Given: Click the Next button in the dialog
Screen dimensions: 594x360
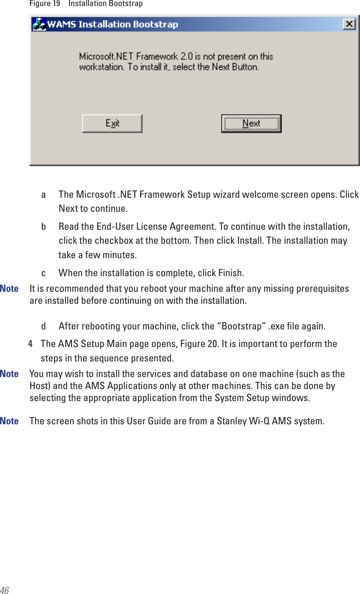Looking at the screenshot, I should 251,124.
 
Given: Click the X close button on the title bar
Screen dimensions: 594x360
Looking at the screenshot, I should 349,24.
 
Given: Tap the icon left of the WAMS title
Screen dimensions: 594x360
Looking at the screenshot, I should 39,24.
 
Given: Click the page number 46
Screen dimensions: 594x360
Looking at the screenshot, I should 4,590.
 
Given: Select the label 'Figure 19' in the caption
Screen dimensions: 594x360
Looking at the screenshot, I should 44,4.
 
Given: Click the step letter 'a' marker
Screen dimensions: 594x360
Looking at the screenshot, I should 43,195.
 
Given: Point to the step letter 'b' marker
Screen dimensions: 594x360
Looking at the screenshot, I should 43,227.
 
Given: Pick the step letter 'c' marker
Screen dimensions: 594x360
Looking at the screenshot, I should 43,273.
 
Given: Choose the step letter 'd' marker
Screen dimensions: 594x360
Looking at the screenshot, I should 43,326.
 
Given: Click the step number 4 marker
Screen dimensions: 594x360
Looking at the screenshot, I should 30,344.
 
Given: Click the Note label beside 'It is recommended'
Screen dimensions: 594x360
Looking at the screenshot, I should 9,289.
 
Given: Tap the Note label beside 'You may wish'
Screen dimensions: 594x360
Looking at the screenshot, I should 9,374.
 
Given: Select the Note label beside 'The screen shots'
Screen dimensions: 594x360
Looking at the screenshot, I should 9,421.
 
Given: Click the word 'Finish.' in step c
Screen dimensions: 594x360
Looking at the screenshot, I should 231,273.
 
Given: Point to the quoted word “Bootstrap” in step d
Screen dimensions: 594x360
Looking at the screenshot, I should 241,326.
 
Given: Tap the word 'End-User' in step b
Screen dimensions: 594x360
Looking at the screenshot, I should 115,227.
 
